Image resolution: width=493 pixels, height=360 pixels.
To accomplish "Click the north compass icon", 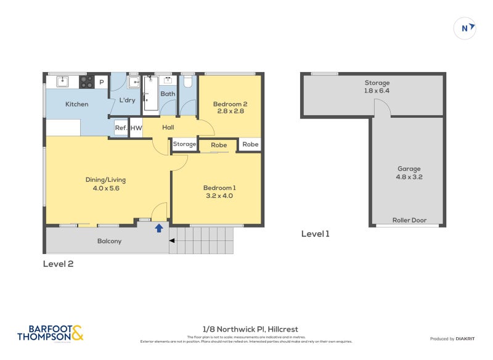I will coord(465,28).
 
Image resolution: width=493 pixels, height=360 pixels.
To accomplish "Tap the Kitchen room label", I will coord(77,104).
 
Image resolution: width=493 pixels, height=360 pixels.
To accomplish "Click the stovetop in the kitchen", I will coord(86,81).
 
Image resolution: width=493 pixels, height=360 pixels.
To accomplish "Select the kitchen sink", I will coord(62,81).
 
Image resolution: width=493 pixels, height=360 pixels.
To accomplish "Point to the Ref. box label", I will coord(121,128).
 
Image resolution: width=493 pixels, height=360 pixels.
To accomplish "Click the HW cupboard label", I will coord(136,128).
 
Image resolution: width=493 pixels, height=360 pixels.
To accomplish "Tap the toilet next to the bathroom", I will coord(189,82).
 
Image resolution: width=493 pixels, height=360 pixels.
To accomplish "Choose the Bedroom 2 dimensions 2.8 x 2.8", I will coord(230,112).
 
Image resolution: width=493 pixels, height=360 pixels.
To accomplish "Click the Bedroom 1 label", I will coord(219,188).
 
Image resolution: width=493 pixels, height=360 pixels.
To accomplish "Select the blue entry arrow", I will coord(159,228).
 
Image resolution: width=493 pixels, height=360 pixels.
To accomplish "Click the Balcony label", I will coord(109,241).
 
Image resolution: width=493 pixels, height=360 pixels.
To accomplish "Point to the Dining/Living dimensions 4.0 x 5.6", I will coord(105,189).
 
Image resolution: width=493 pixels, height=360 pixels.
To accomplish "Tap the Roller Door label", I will coord(409,220).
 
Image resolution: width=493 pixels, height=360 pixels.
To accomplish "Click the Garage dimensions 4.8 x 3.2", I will coord(409,177).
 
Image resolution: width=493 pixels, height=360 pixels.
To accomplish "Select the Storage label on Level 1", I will coord(377,83).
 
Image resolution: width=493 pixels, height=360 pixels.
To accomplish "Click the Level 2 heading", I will coord(58,264).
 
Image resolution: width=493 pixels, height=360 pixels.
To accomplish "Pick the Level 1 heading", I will coord(316,234).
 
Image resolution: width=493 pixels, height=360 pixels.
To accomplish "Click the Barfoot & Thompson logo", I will coord(49,333).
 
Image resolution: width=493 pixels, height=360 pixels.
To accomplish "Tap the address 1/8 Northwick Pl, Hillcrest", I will coord(246,330).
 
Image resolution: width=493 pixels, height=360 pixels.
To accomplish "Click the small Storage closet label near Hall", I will coord(184,144).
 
